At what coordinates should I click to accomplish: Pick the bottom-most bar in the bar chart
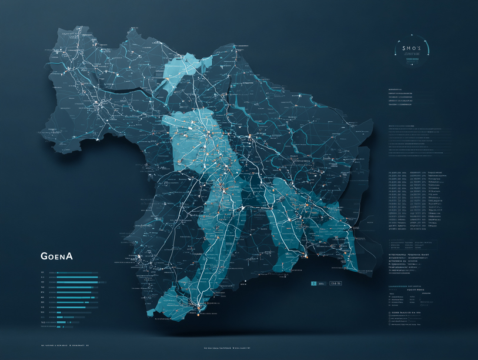pos(62,322)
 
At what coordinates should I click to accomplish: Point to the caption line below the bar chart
pos(63,345)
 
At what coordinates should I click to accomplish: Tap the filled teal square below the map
pos(314,284)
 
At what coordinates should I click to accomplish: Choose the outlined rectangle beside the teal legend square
pos(336,284)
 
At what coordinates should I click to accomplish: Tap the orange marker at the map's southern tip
pos(199,306)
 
